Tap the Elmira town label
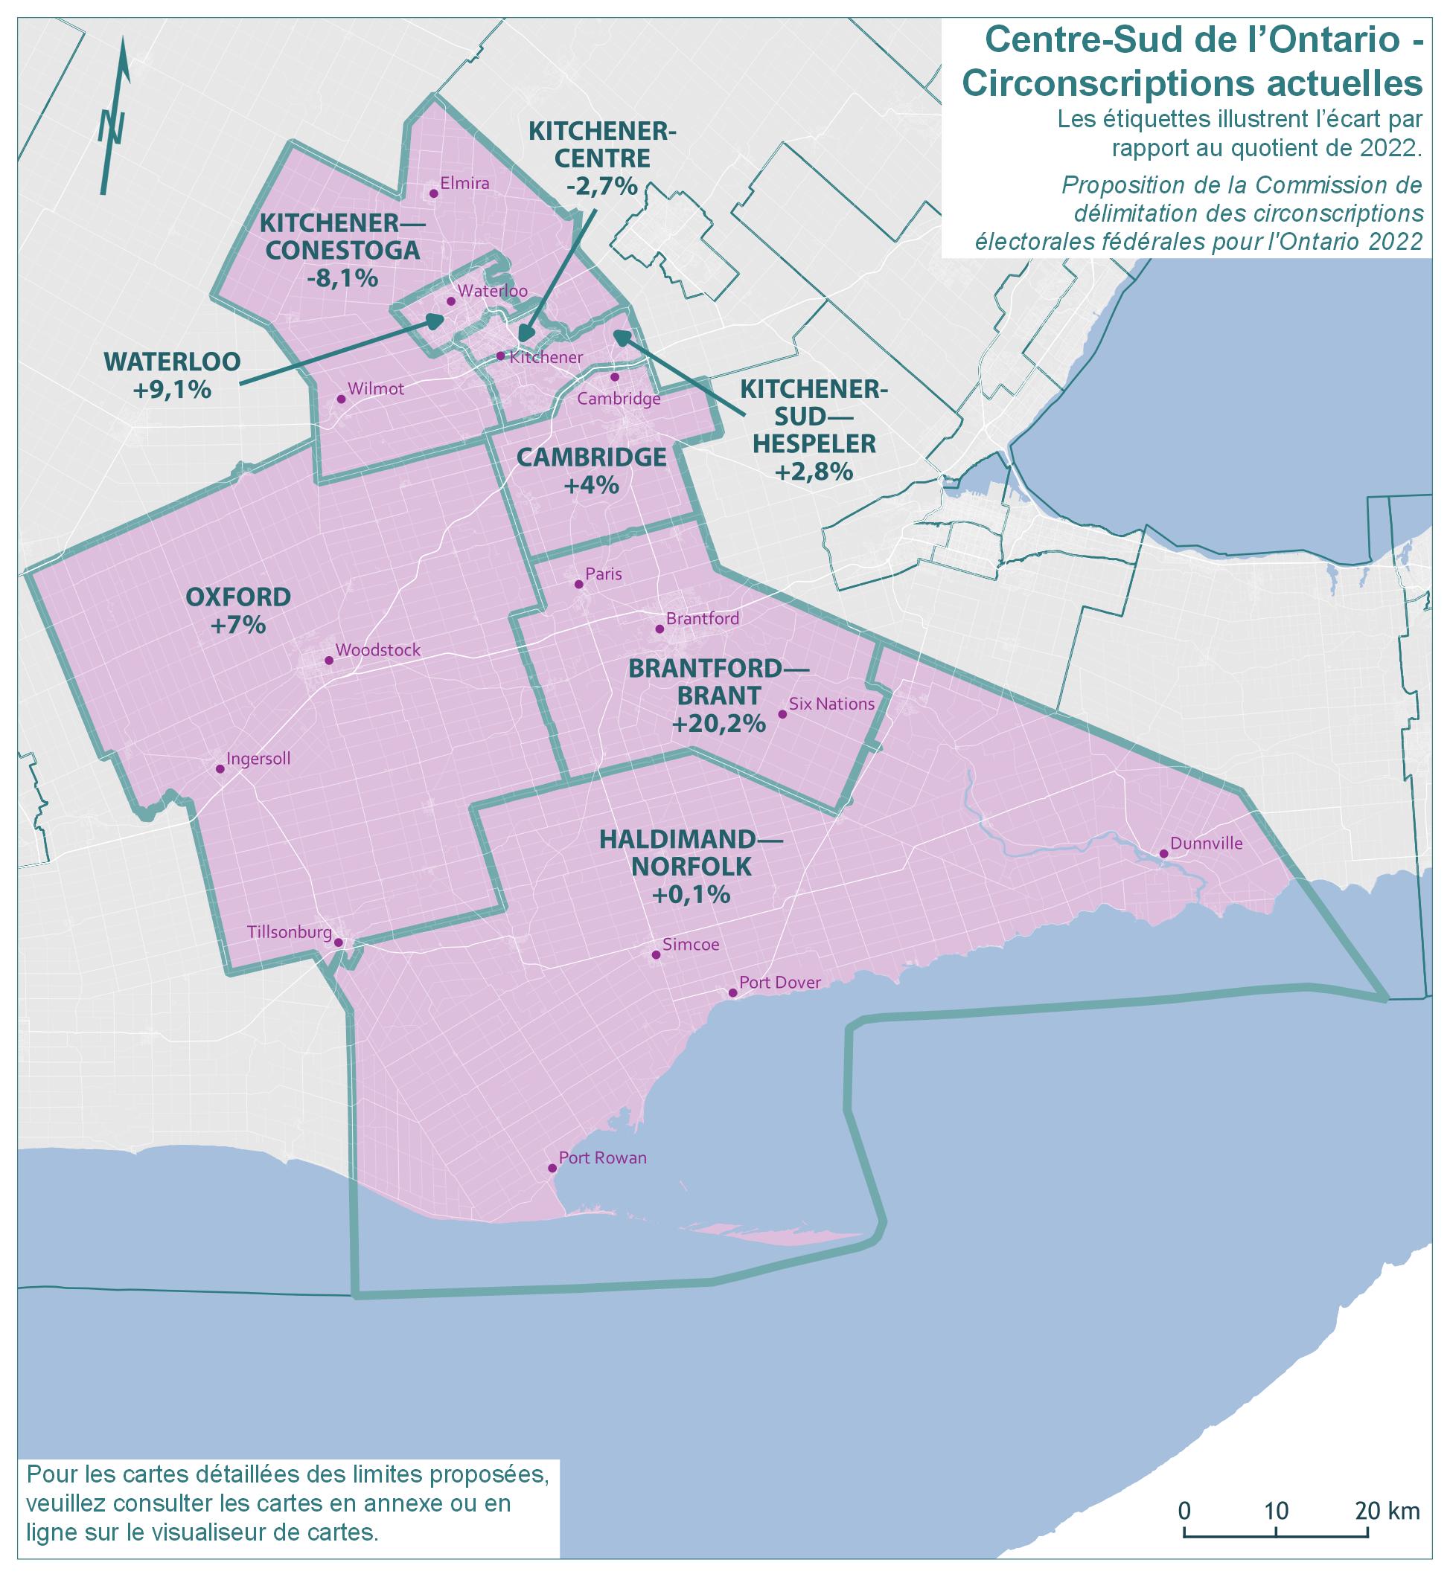click(x=464, y=184)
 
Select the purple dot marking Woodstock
click(x=329, y=661)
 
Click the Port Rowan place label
click(x=603, y=1157)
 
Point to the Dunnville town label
click(x=1206, y=844)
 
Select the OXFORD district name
click(x=237, y=597)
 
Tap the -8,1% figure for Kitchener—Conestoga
click(x=342, y=278)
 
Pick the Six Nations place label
click(x=831, y=704)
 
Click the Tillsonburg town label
click(x=289, y=932)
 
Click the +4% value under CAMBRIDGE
click(x=591, y=486)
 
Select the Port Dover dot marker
click(x=733, y=993)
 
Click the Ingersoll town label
click(x=258, y=759)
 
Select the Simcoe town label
click(x=691, y=945)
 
